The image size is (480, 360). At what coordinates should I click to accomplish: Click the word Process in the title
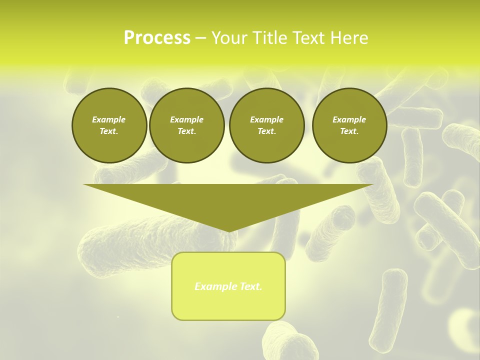[x=157, y=38]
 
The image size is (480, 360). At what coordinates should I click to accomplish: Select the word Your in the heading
[x=229, y=38]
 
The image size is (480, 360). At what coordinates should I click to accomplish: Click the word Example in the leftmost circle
[x=109, y=119]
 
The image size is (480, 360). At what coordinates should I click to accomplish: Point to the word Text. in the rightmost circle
[x=349, y=131]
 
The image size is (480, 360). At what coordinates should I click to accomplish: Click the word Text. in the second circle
[x=186, y=131]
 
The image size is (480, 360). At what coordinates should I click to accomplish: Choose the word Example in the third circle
[x=266, y=119]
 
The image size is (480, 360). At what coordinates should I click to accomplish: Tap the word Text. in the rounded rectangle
[x=250, y=286]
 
